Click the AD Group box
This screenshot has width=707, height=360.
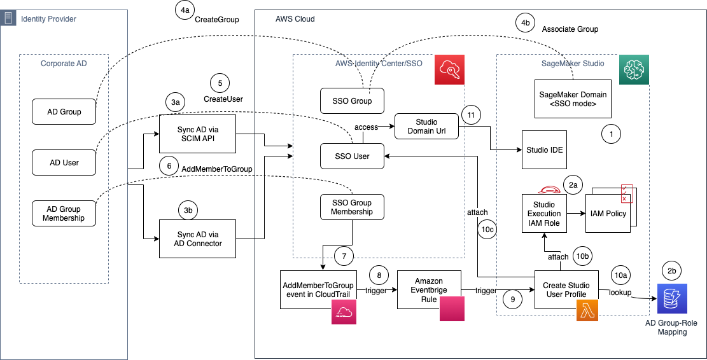click(64, 111)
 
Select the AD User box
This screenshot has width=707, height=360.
click(64, 162)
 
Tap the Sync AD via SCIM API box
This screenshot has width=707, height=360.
click(197, 133)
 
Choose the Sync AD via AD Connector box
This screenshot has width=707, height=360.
click(197, 239)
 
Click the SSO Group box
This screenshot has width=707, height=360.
click(353, 101)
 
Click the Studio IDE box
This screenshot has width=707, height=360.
click(545, 149)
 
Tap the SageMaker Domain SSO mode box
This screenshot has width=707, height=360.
click(573, 99)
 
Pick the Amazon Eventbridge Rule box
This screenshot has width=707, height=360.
click(428, 289)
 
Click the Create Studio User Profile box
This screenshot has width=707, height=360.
click(566, 289)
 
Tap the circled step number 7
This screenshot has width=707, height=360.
click(344, 257)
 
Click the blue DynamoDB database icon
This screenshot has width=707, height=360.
click(672, 298)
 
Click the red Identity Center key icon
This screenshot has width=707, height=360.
click(449, 69)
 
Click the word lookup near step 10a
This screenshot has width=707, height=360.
click(620, 292)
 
